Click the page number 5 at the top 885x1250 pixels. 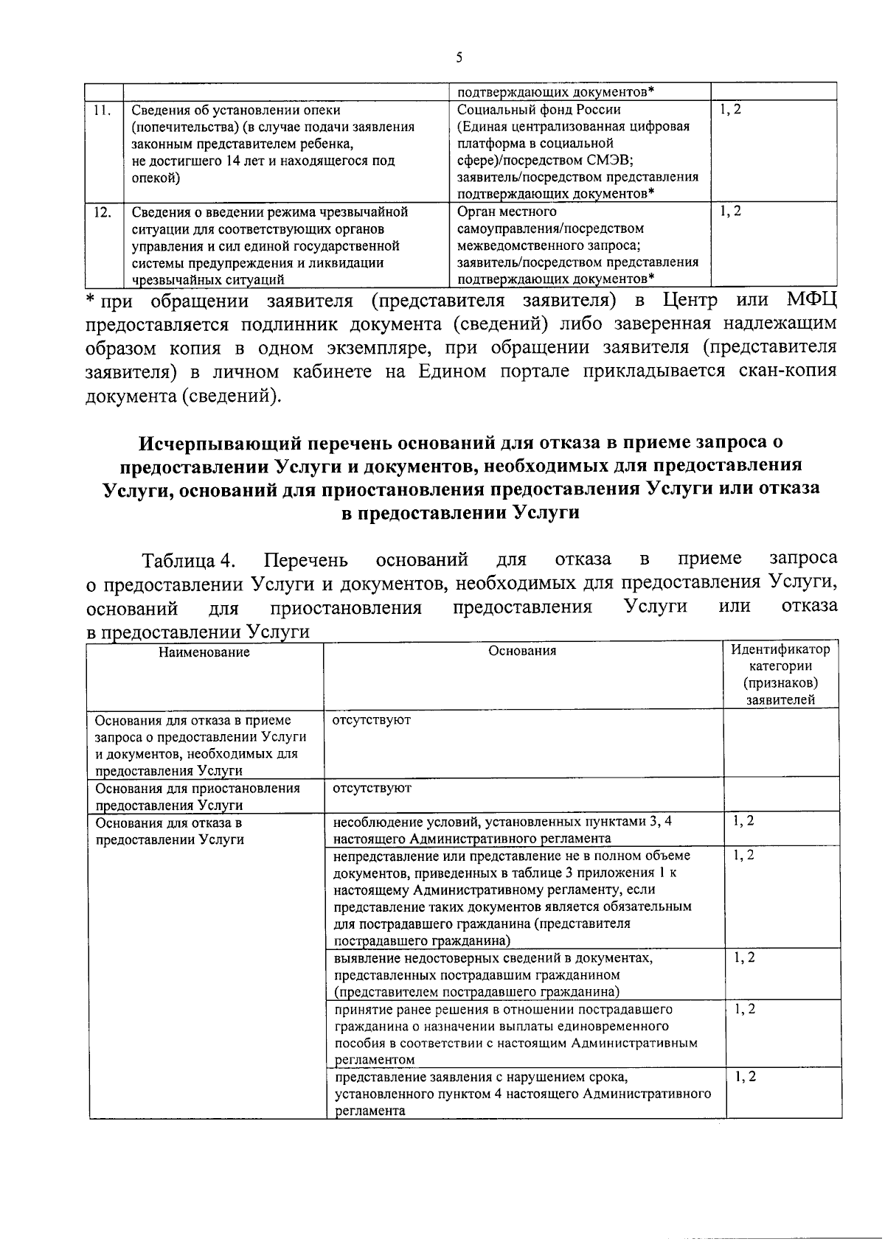[x=459, y=57]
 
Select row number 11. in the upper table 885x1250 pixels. [x=102, y=111]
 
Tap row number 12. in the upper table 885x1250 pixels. [x=102, y=212]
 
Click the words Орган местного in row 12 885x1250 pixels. [x=507, y=212]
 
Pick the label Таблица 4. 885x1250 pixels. [x=189, y=561]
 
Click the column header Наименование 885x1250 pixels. [x=204, y=652]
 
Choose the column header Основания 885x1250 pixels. [x=522, y=651]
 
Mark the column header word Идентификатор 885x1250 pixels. [x=780, y=650]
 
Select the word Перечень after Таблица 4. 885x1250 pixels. [x=306, y=561]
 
